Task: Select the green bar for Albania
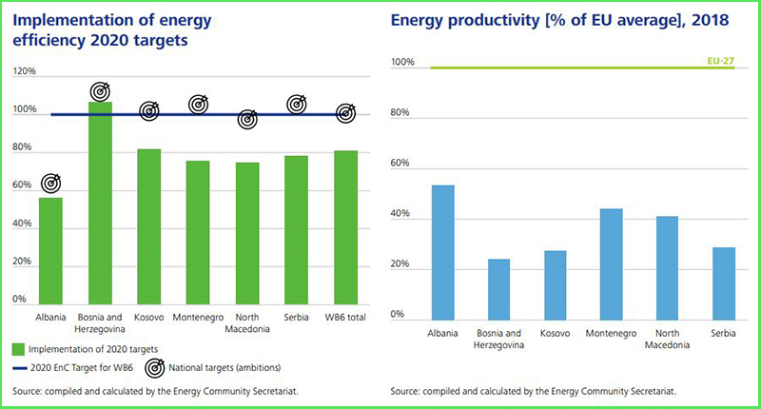point(50,250)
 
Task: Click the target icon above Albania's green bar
point(50,183)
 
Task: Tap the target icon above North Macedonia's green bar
point(247,121)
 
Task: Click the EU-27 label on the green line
point(721,60)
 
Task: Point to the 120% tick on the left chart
point(24,72)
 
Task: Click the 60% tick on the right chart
point(401,165)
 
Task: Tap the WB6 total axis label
point(346,317)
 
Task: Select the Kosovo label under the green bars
point(150,317)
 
